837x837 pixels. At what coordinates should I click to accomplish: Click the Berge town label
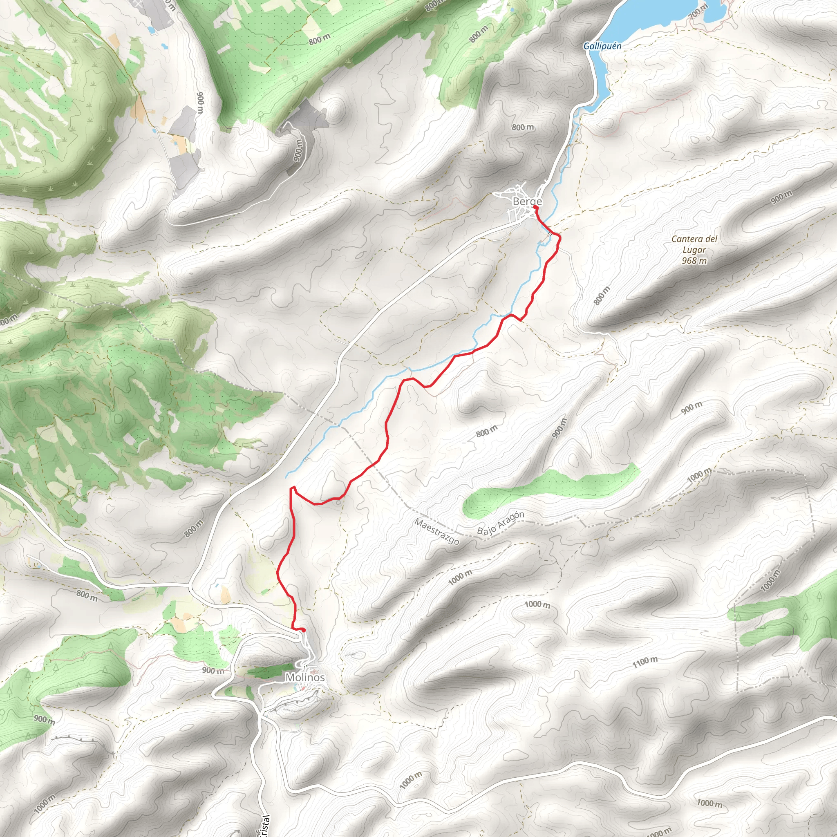pyautogui.click(x=527, y=201)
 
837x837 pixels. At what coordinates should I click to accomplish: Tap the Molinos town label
pyautogui.click(x=304, y=677)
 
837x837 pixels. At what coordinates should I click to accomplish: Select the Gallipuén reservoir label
pyautogui.click(x=602, y=46)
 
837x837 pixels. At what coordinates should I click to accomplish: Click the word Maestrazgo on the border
pyautogui.click(x=437, y=531)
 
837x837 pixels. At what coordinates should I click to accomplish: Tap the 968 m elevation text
pyautogui.click(x=694, y=261)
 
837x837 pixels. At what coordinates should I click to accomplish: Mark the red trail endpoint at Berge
pyautogui.click(x=535, y=208)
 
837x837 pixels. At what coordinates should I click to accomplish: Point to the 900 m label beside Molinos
pyautogui.click(x=214, y=671)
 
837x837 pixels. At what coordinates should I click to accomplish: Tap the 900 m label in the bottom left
pyautogui.click(x=44, y=720)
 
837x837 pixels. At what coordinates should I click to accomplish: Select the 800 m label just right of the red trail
pyautogui.click(x=486, y=431)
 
